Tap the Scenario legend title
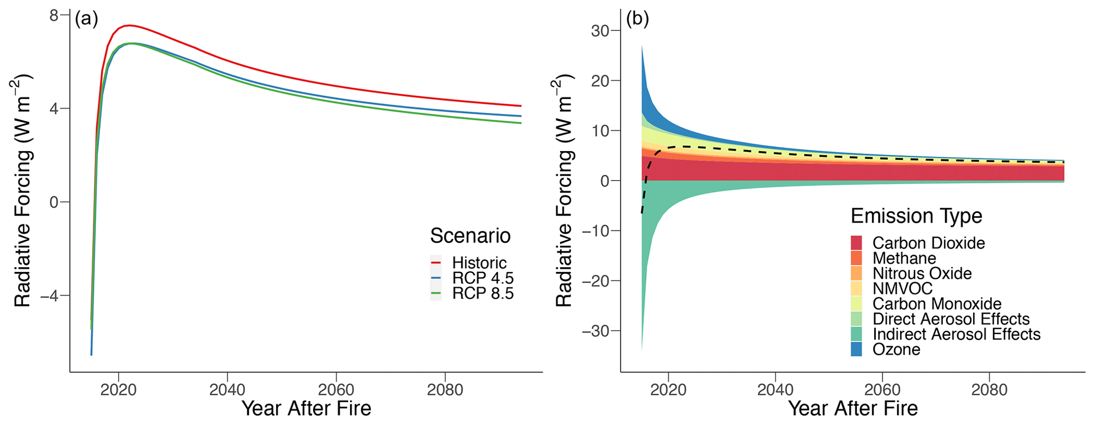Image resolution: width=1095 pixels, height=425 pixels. [x=470, y=236]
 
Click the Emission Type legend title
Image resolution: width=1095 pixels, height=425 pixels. [x=916, y=216]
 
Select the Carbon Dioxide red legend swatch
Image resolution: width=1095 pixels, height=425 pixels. [x=856, y=243]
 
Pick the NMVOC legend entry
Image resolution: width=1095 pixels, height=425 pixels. [x=902, y=289]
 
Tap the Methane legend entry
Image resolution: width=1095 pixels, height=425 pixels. [x=904, y=259]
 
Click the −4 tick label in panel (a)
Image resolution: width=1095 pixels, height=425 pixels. [x=49, y=296]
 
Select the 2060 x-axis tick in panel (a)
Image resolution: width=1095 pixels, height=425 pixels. [x=336, y=390]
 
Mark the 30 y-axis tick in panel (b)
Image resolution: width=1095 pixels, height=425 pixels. [x=600, y=31]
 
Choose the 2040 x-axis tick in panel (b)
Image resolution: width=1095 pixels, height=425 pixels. [x=775, y=390]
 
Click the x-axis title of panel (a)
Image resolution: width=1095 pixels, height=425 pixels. [x=306, y=409]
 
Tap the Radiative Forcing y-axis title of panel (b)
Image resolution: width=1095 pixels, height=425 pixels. [x=564, y=191]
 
